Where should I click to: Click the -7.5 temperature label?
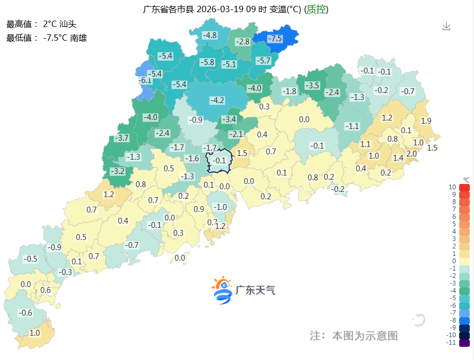pos(275,39)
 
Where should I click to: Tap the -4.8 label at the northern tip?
pos(210,35)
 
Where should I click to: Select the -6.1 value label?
pos(145,81)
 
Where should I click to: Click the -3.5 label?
pos(313,85)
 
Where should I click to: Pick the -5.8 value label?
pos(207,62)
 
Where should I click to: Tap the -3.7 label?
pos(122,138)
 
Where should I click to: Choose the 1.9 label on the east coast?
pos(426,121)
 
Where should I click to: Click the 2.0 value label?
pos(412,153)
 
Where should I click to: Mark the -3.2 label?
pos(117,171)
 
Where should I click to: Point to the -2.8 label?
pos(243,42)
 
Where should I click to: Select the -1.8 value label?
pos(289,91)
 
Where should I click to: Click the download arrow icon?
pos(446,26)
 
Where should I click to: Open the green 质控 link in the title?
pos(316,9)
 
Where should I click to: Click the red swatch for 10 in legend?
pos(464,187)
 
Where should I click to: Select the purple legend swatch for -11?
pos(464,343)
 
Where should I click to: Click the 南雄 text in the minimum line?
pos(78,38)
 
